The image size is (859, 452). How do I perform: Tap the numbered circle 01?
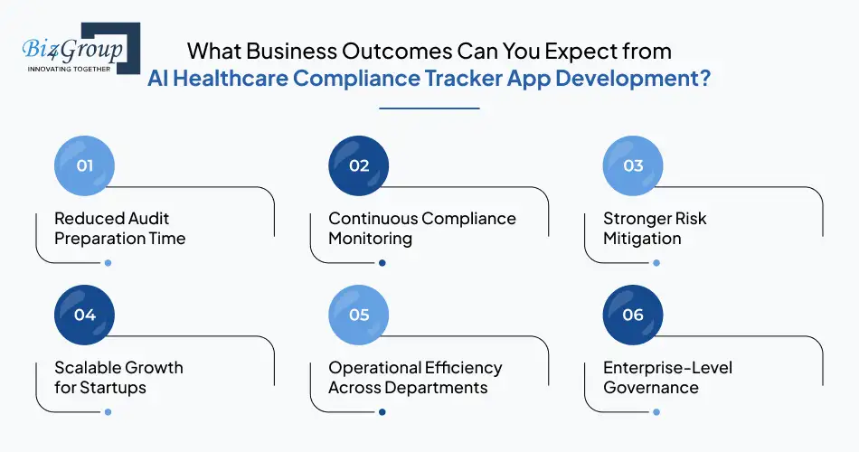[84, 166]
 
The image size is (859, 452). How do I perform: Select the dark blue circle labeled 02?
[359, 166]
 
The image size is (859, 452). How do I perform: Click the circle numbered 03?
[633, 166]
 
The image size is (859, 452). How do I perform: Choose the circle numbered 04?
[84, 315]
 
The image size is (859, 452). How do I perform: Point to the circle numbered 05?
[359, 315]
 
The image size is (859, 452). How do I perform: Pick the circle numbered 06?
[633, 315]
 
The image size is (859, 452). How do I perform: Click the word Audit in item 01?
[148, 219]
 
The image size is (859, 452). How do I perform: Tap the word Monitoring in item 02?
[370, 240]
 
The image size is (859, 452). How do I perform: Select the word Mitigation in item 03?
[642, 240]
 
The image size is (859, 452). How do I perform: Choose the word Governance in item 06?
[651, 388]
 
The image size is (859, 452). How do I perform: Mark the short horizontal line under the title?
[429, 108]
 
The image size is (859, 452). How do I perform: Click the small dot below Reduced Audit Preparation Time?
[108, 263]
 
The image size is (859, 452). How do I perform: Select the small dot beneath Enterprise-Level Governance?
[656, 412]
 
